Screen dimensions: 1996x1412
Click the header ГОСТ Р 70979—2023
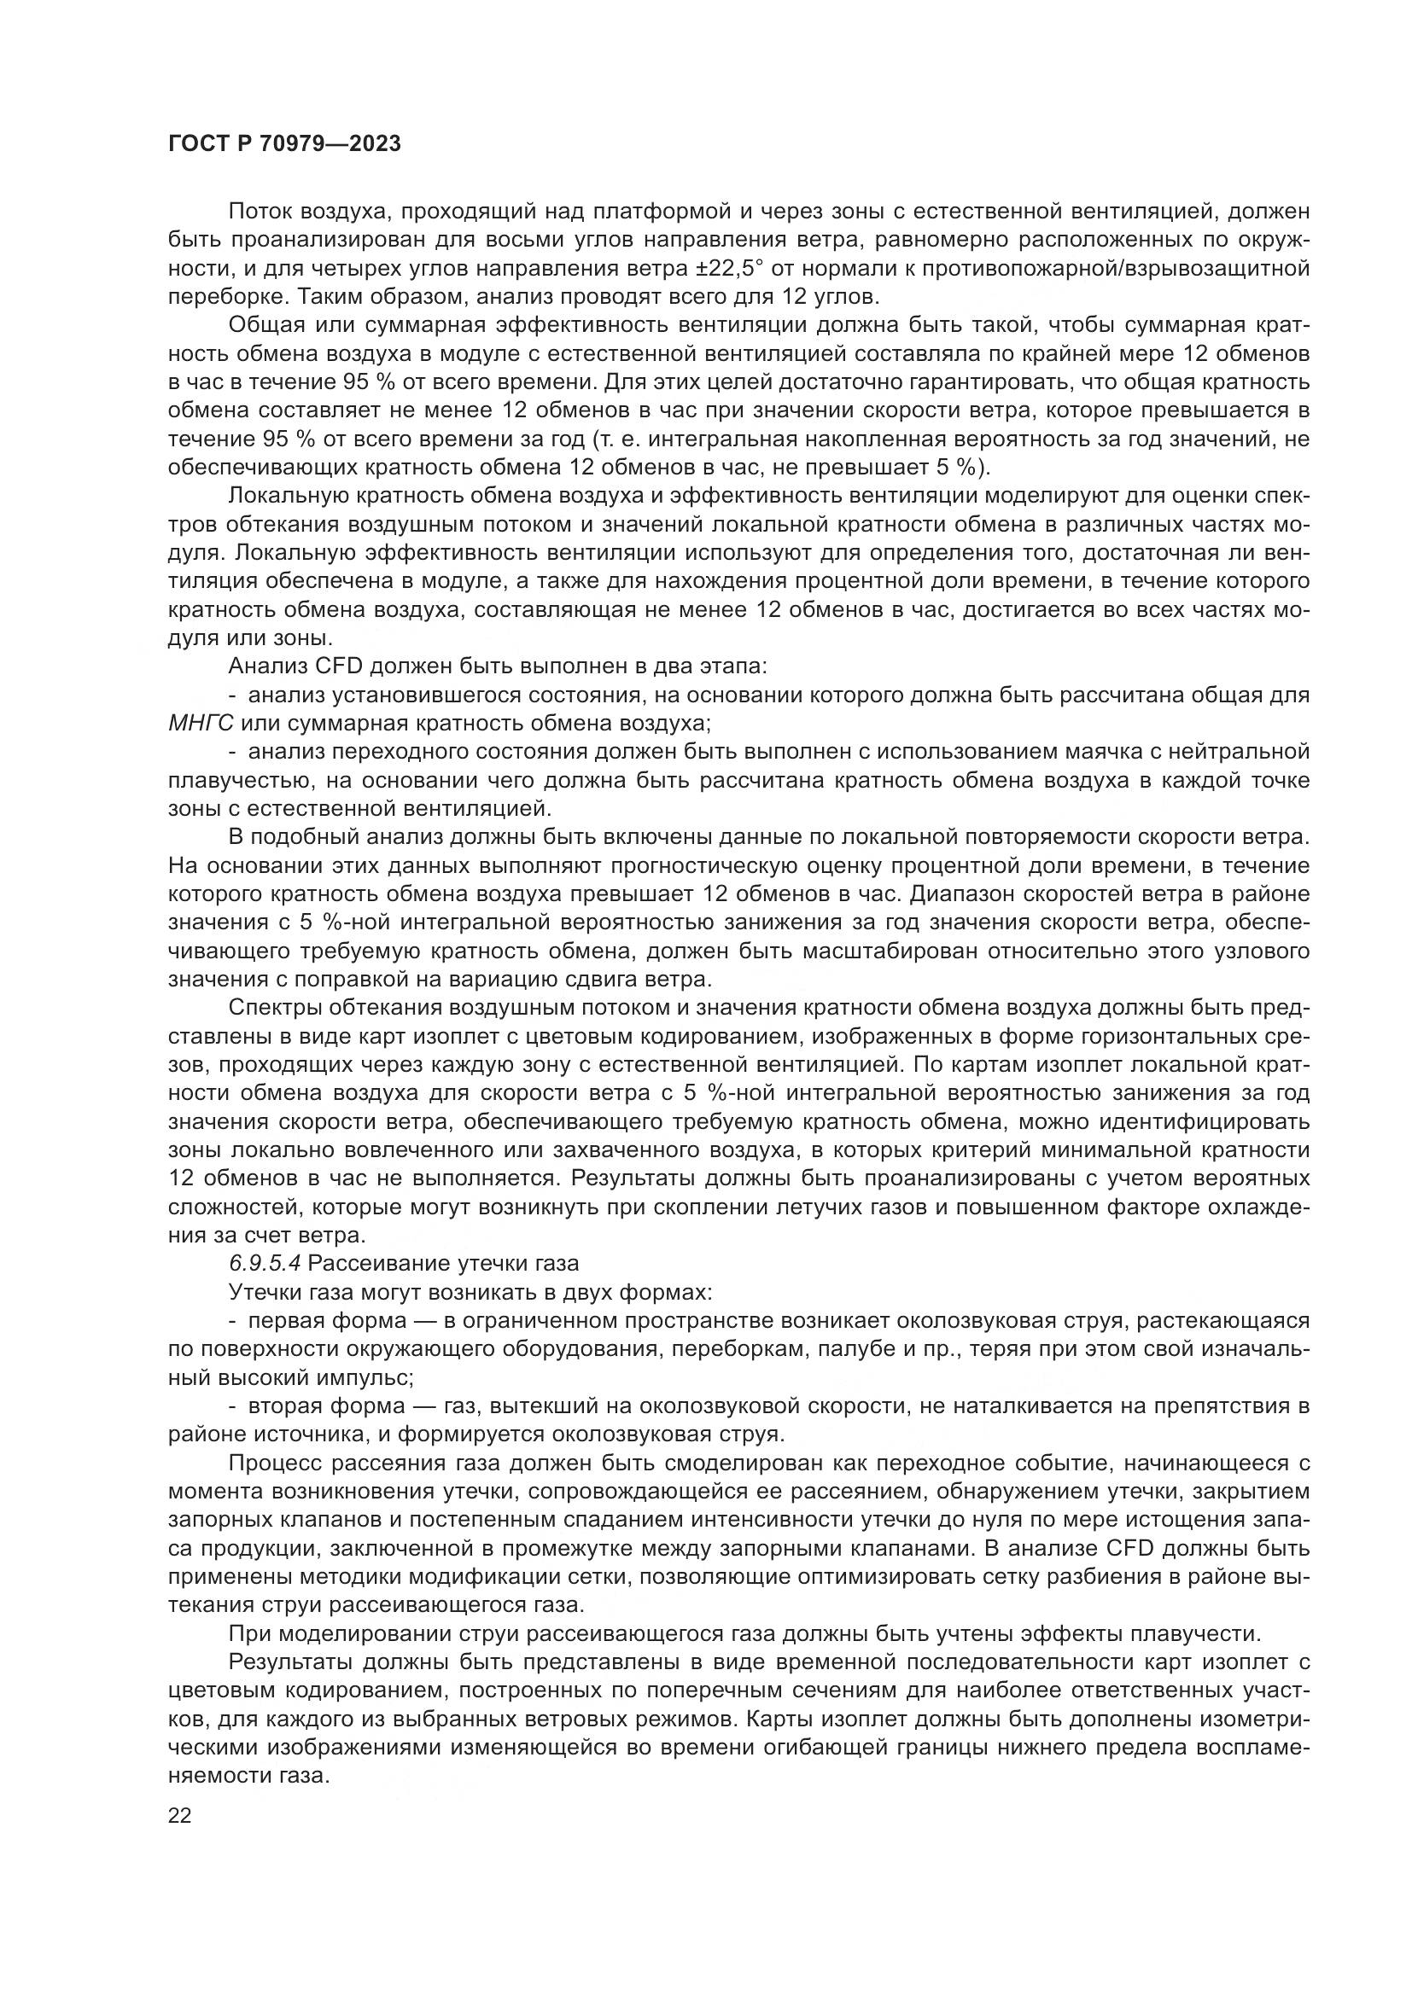284,144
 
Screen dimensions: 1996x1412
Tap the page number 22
179,1815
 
